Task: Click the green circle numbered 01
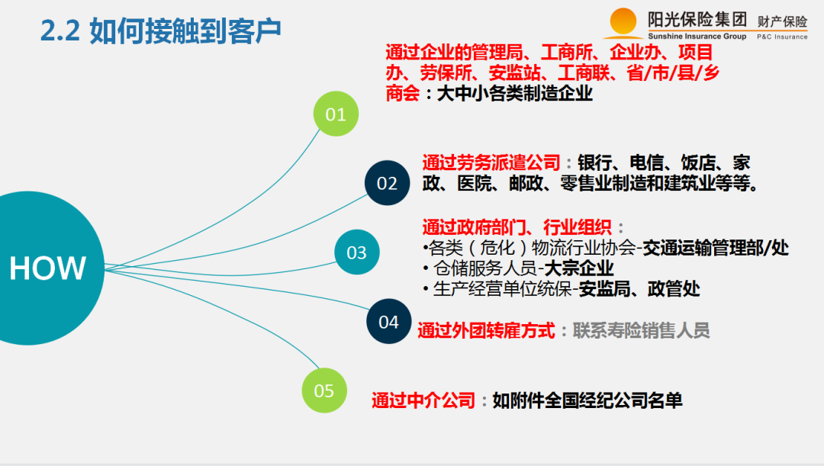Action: click(336, 114)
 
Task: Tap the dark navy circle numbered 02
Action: click(387, 183)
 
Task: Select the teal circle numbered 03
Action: click(356, 252)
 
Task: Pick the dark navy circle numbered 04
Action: click(388, 322)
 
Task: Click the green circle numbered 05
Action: click(324, 390)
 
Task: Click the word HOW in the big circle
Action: click(47, 268)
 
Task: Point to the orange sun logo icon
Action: click(623, 21)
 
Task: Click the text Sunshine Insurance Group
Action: click(697, 37)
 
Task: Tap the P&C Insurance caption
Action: click(781, 37)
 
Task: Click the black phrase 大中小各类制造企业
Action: click(514, 94)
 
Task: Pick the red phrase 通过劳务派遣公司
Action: click(491, 162)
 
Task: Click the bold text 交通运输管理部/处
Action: click(716, 248)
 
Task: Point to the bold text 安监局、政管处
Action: click(639, 289)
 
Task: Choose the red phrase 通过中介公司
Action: click(423, 400)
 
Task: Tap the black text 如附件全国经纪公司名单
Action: click(587, 400)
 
